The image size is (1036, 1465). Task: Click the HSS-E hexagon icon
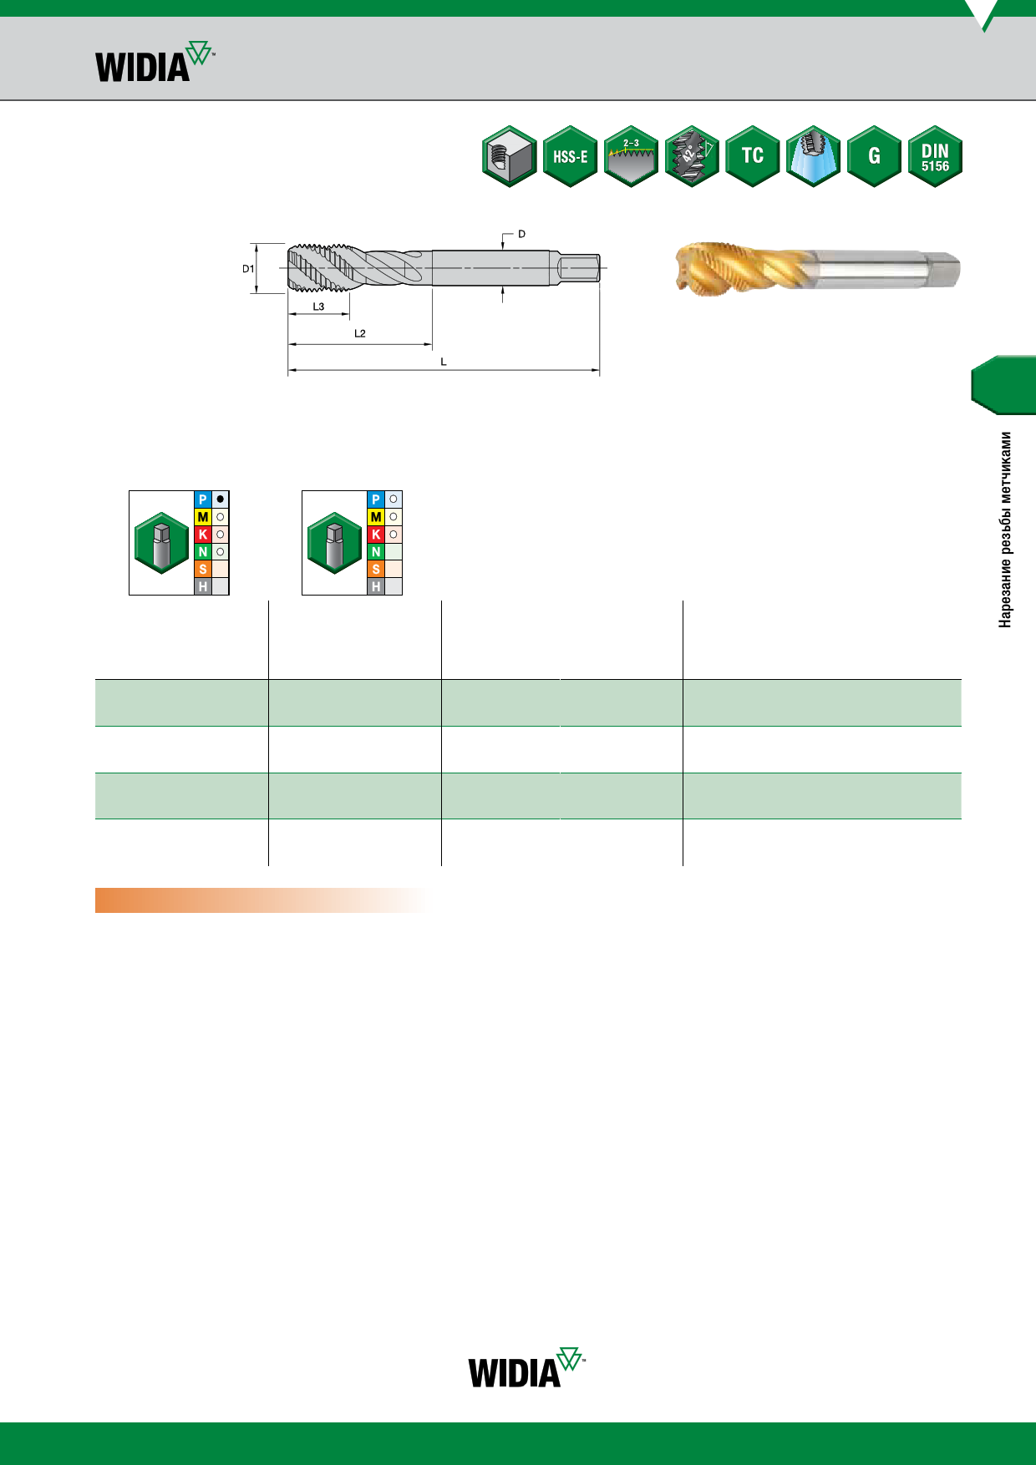pos(570,156)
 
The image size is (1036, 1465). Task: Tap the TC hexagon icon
pos(752,156)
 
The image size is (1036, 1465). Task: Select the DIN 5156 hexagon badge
pos(935,156)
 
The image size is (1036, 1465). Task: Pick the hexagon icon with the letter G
pos(874,156)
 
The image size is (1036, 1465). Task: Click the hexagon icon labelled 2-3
pos(631,156)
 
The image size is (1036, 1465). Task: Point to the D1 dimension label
pos(248,269)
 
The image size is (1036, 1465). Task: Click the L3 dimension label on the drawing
pos(318,307)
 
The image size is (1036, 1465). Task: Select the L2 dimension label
pos(359,333)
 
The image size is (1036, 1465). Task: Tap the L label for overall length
pos(444,362)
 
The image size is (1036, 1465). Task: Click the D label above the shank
pos(521,234)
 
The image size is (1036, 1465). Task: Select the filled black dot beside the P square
pos(221,499)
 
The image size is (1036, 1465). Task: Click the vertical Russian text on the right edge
pos(1006,530)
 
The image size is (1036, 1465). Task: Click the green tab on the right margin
pos(1004,385)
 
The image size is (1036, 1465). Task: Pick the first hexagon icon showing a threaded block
pos(509,156)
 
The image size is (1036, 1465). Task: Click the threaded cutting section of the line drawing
pos(322,268)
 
